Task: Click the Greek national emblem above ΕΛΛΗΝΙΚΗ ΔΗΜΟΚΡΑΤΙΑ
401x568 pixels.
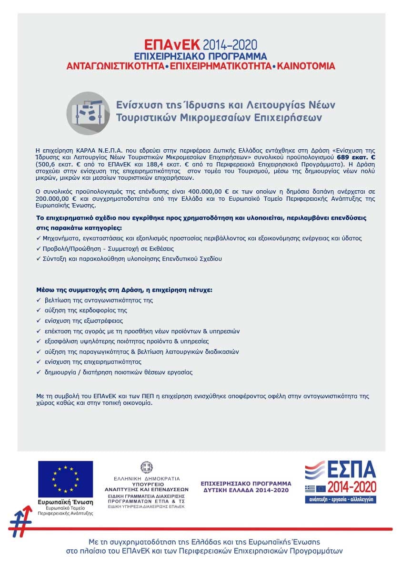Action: tap(146, 467)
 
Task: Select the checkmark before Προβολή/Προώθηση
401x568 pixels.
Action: tap(39, 248)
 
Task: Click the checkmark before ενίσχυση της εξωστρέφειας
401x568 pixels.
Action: tap(39, 321)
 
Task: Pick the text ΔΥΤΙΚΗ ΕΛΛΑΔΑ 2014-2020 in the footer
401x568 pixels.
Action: tap(246, 490)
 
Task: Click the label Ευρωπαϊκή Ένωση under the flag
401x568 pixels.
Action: tap(66, 502)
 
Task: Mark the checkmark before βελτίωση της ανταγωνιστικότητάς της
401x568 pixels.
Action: tap(39, 300)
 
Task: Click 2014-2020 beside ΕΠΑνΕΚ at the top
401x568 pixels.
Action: tap(230, 46)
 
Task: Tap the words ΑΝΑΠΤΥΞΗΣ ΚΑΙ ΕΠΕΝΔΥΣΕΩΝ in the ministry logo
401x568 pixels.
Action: tap(147, 489)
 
